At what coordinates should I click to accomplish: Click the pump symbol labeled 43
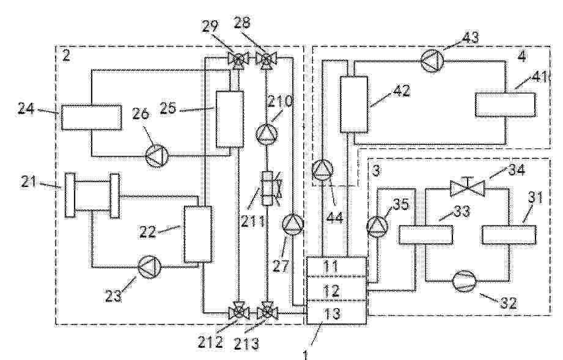(x=432, y=61)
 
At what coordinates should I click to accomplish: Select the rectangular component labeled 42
(x=354, y=104)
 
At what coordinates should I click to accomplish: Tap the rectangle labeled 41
(x=505, y=105)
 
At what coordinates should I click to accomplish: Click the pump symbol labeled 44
(x=322, y=169)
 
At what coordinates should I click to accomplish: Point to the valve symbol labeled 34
(x=467, y=188)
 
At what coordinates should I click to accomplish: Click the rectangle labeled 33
(x=425, y=235)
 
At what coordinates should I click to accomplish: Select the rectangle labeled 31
(x=509, y=235)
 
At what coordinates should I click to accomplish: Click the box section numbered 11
(x=336, y=267)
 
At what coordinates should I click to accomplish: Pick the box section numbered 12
(x=336, y=289)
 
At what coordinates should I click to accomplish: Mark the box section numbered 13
(x=336, y=312)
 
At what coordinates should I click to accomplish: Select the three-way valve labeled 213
(x=267, y=312)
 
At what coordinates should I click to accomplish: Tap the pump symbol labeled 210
(x=267, y=133)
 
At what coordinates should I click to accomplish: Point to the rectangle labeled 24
(x=91, y=117)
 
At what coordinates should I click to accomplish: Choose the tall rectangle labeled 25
(x=230, y=119)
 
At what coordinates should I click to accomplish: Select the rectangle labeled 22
(x=197, y=234)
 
